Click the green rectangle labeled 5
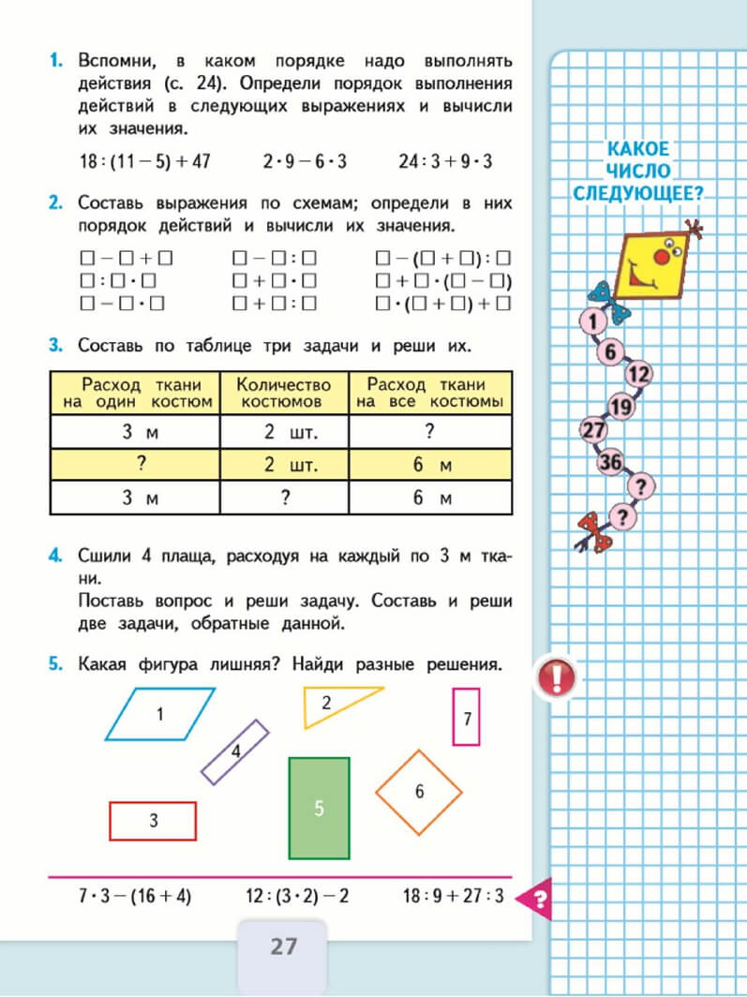(319, 808)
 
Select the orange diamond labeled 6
(419, 792)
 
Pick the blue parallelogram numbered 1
(160, 714)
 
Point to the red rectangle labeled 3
(153, 821)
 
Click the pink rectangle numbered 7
(466, 717)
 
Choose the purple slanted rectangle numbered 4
(235, 751)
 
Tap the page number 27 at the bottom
(283, 946)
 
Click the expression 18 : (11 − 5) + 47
(145, 161)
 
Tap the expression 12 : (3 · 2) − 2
(297, 896)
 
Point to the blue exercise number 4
(56, 557)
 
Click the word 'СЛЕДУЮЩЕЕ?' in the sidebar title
(638, 194)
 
